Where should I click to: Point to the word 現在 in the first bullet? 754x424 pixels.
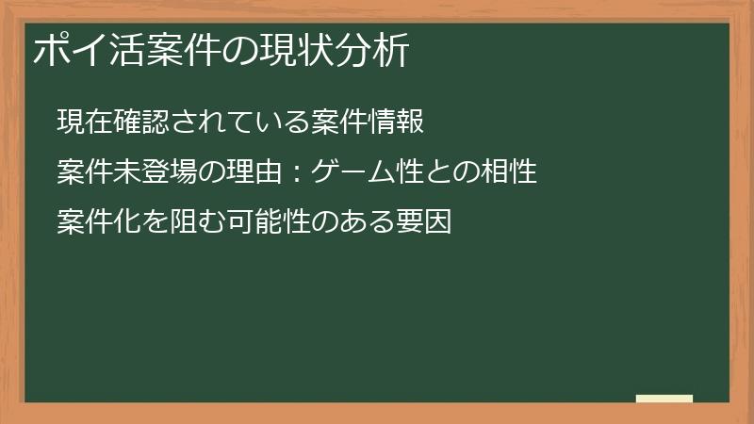pyautogui.click(x=82, y=122)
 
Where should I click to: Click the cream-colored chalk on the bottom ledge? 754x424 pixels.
pyautogui.click(x=664, y=399)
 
